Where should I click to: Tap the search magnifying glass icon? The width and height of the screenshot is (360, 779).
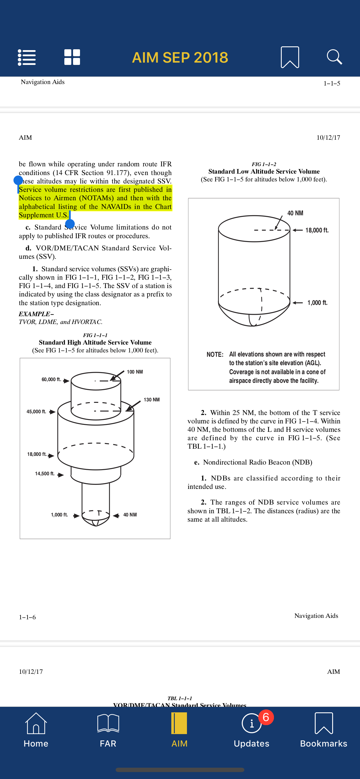[334, 57]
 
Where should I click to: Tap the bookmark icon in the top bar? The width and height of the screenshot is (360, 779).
[290, 57]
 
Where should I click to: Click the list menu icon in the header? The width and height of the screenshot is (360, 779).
[27, 57]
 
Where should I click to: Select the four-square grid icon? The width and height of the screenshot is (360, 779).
[72, 57]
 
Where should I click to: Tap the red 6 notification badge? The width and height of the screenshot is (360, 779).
[266, 717]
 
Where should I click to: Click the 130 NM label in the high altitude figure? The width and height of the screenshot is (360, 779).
[152, 399]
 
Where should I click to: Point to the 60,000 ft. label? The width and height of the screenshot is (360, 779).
[51, 379]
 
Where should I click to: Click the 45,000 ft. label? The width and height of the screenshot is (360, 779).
[36, 412]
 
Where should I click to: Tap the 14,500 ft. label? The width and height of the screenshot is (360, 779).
[45, 474]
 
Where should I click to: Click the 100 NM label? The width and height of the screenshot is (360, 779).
[134, 372]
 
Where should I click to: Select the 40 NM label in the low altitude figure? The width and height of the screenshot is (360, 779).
[295, 213]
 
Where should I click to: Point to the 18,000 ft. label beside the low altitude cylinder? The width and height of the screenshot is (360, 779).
[317, 230]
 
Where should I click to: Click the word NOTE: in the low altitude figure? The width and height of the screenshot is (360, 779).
[215, 354]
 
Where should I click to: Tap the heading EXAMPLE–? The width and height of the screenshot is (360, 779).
[36, 314]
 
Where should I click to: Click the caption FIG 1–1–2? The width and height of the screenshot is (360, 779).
[264, 164]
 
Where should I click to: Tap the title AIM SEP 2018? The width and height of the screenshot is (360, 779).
[180, 57]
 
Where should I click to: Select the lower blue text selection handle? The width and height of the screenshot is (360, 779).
[70, 223]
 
